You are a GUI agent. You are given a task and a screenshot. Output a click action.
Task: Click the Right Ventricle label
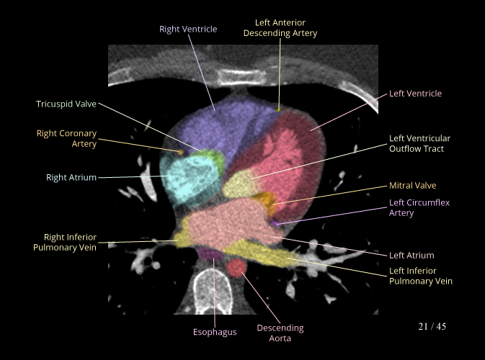coord(188,30)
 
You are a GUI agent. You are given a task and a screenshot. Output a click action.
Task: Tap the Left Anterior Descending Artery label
coord(280,28)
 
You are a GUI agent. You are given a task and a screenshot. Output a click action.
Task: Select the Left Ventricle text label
coord(415,94)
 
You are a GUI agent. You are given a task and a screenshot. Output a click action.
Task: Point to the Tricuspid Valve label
coord(66,104)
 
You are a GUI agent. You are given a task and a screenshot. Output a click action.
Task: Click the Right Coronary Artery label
coord(66,139)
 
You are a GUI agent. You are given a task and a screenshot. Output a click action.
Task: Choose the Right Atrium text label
coord(71,177)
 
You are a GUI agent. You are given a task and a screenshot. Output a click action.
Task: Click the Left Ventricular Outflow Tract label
coord(419,143)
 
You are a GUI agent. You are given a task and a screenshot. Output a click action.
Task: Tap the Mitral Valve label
coord(412,186)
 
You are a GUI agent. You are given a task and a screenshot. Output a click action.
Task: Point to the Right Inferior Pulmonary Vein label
coord(64,243)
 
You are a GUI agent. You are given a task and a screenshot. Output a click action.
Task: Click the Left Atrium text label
coord(411,255)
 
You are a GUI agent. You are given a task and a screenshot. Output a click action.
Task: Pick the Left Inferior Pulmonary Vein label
coord(421,276)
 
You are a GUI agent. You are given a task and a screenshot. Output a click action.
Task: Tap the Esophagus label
coord(215,332)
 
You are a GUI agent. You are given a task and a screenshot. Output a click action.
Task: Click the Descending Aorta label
coord(280,333)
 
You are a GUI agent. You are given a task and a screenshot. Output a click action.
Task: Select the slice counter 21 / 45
coord(432,327)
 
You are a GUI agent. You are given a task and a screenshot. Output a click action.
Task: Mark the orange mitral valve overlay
coord(267,199)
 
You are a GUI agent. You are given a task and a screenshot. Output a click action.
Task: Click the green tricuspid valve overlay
coord(212,156)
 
